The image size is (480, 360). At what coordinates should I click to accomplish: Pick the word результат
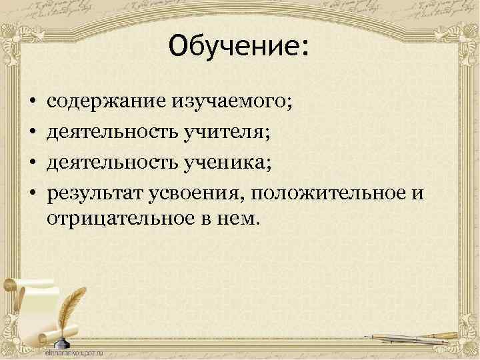coord(93,192)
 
